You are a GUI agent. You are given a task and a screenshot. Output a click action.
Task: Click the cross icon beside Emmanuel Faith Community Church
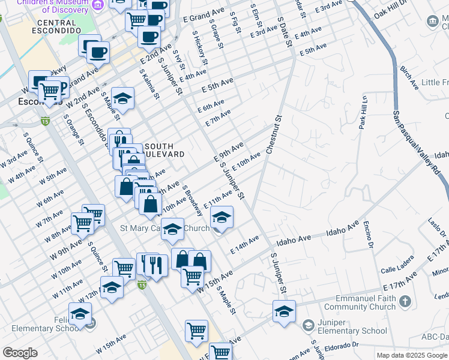(406, 301)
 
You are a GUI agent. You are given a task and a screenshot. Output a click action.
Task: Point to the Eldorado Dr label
(339, 347)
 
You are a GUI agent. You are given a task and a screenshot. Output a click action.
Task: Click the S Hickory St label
(201, 49)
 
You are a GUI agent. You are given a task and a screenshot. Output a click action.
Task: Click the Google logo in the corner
(20, 352)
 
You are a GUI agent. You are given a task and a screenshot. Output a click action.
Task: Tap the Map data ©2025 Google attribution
(412, 355)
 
